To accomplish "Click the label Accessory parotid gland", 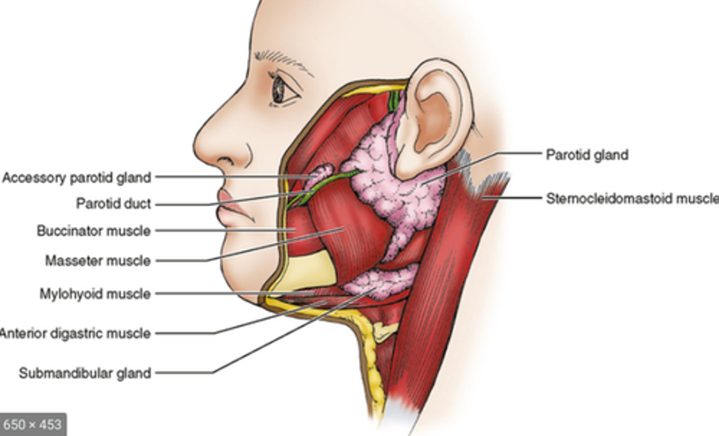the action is [76, 177].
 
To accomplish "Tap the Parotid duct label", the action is [113, 204].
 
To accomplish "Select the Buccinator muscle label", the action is [93, 231].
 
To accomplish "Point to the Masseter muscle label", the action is [97, 260].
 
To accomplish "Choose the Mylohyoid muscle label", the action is [95, 293].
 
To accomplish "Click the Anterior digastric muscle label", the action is [75, 333].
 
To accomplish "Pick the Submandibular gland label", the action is [85, 373].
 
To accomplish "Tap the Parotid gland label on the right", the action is [587, 155].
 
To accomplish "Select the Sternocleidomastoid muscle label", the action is [632, 198].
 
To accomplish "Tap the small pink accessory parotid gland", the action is [320, 175].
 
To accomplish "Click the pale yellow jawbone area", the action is [305, 272].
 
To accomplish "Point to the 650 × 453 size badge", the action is [32, 424].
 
